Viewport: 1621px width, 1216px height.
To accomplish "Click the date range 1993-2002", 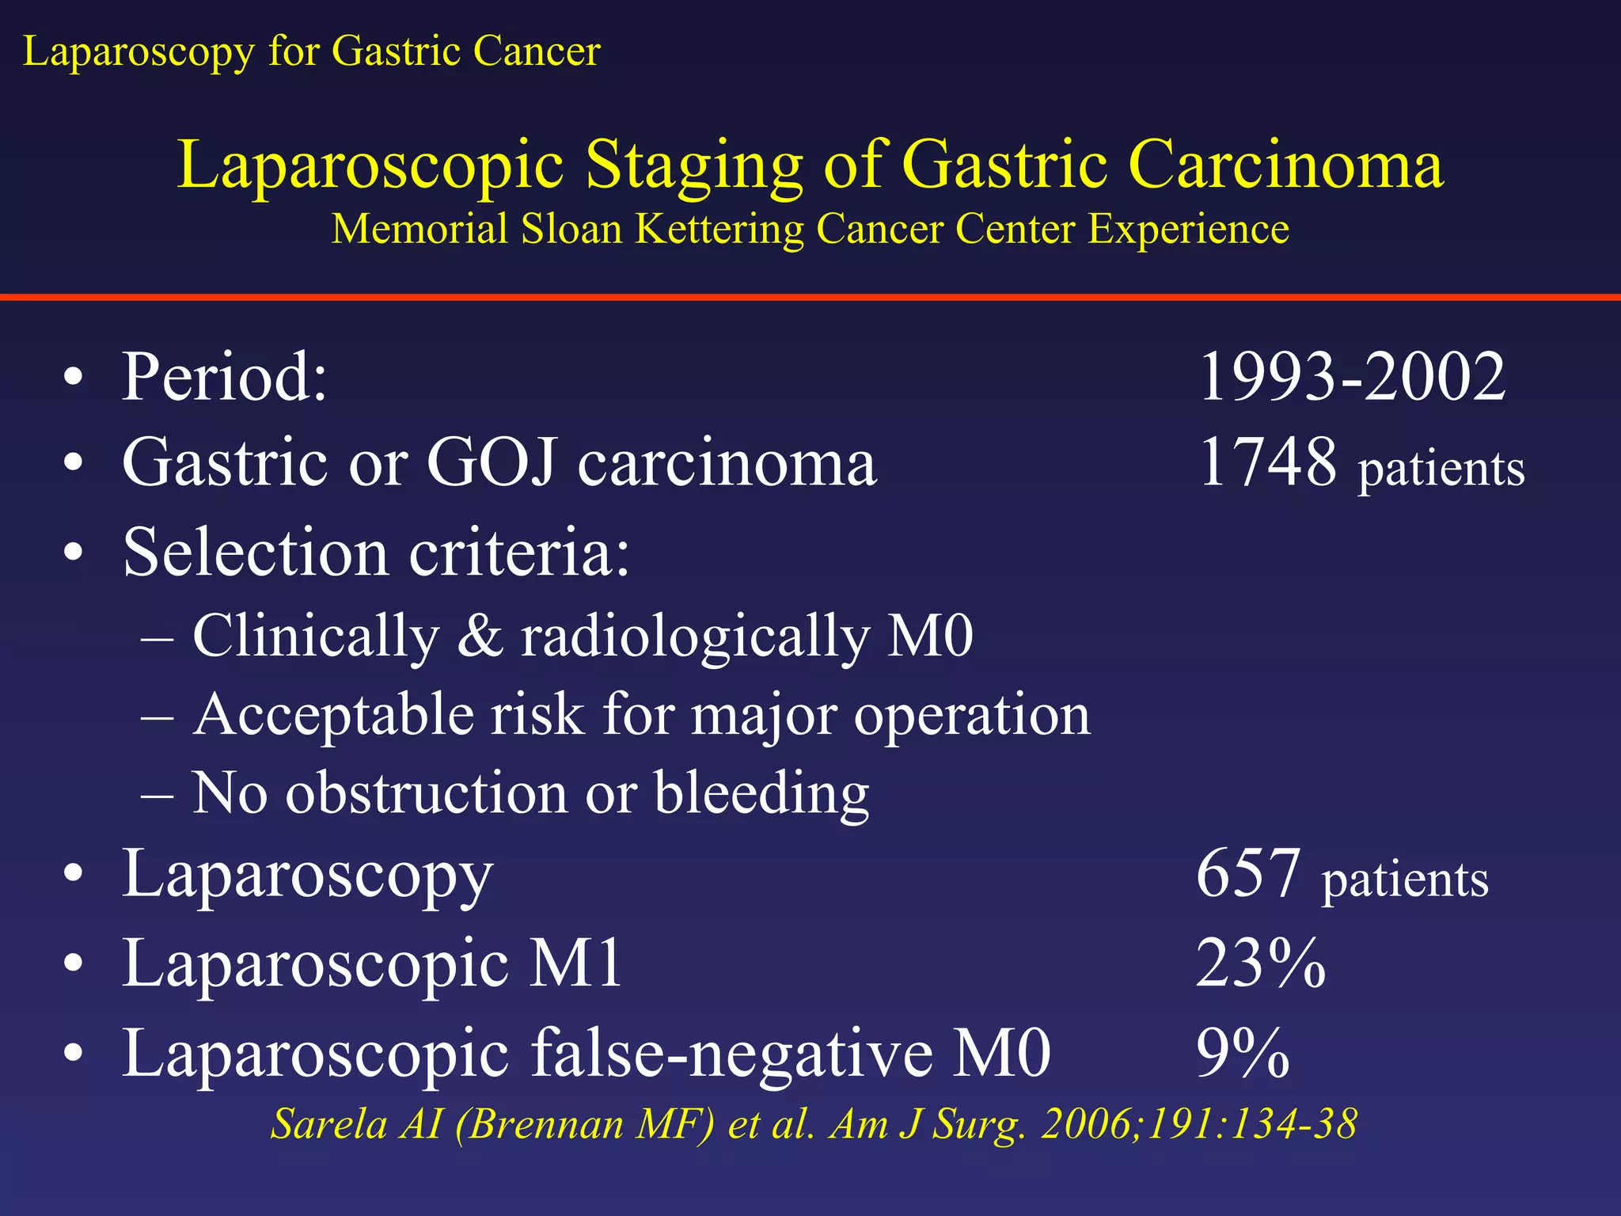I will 1352,377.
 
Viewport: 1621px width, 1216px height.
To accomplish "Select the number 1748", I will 1268,462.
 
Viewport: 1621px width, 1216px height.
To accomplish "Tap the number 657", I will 1248,873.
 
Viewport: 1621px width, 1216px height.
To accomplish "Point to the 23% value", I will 1260,963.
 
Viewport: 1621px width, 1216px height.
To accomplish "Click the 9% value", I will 1243,1053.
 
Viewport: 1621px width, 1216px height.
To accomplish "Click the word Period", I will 223,377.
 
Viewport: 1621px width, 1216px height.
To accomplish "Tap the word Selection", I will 255,552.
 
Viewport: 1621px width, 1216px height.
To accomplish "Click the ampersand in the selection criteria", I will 480,636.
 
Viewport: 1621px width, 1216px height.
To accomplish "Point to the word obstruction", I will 426,792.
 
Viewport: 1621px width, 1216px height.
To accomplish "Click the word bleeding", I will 761,794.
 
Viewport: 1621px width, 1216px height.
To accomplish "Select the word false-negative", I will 732,1054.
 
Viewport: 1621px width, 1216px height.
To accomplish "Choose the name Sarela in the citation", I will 328,1124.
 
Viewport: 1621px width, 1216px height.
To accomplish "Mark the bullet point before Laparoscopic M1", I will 74,964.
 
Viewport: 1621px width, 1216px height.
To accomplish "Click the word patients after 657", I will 1405,880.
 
